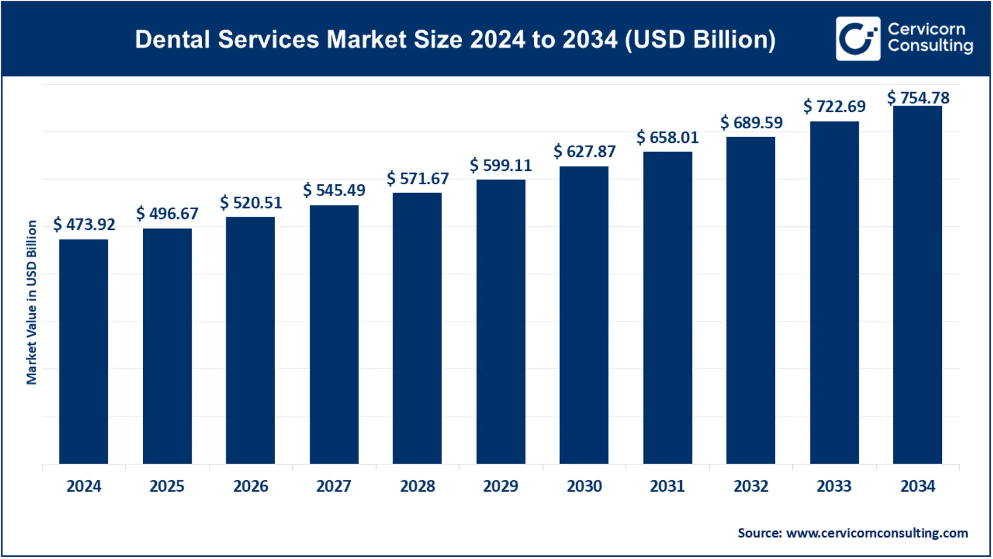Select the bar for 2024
point(83,351)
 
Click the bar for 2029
point(501,321)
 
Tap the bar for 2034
point(917,285)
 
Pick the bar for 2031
point(667,307)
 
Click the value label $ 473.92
point(84,224)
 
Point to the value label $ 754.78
point(919,98)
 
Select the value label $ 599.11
point(501,165)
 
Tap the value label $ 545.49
point(334,190)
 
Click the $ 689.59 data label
point(751,123)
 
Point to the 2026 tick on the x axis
point(250,486)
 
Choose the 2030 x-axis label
point(584,486)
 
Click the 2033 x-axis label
point(834,486)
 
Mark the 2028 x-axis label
point(417,486)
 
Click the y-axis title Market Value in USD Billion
point(32,302)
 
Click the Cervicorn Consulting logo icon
point(857,39)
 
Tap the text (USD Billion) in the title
point(700,39)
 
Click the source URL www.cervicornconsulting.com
point(877,533)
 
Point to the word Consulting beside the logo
point(930,46)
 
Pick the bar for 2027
point(334,334)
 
